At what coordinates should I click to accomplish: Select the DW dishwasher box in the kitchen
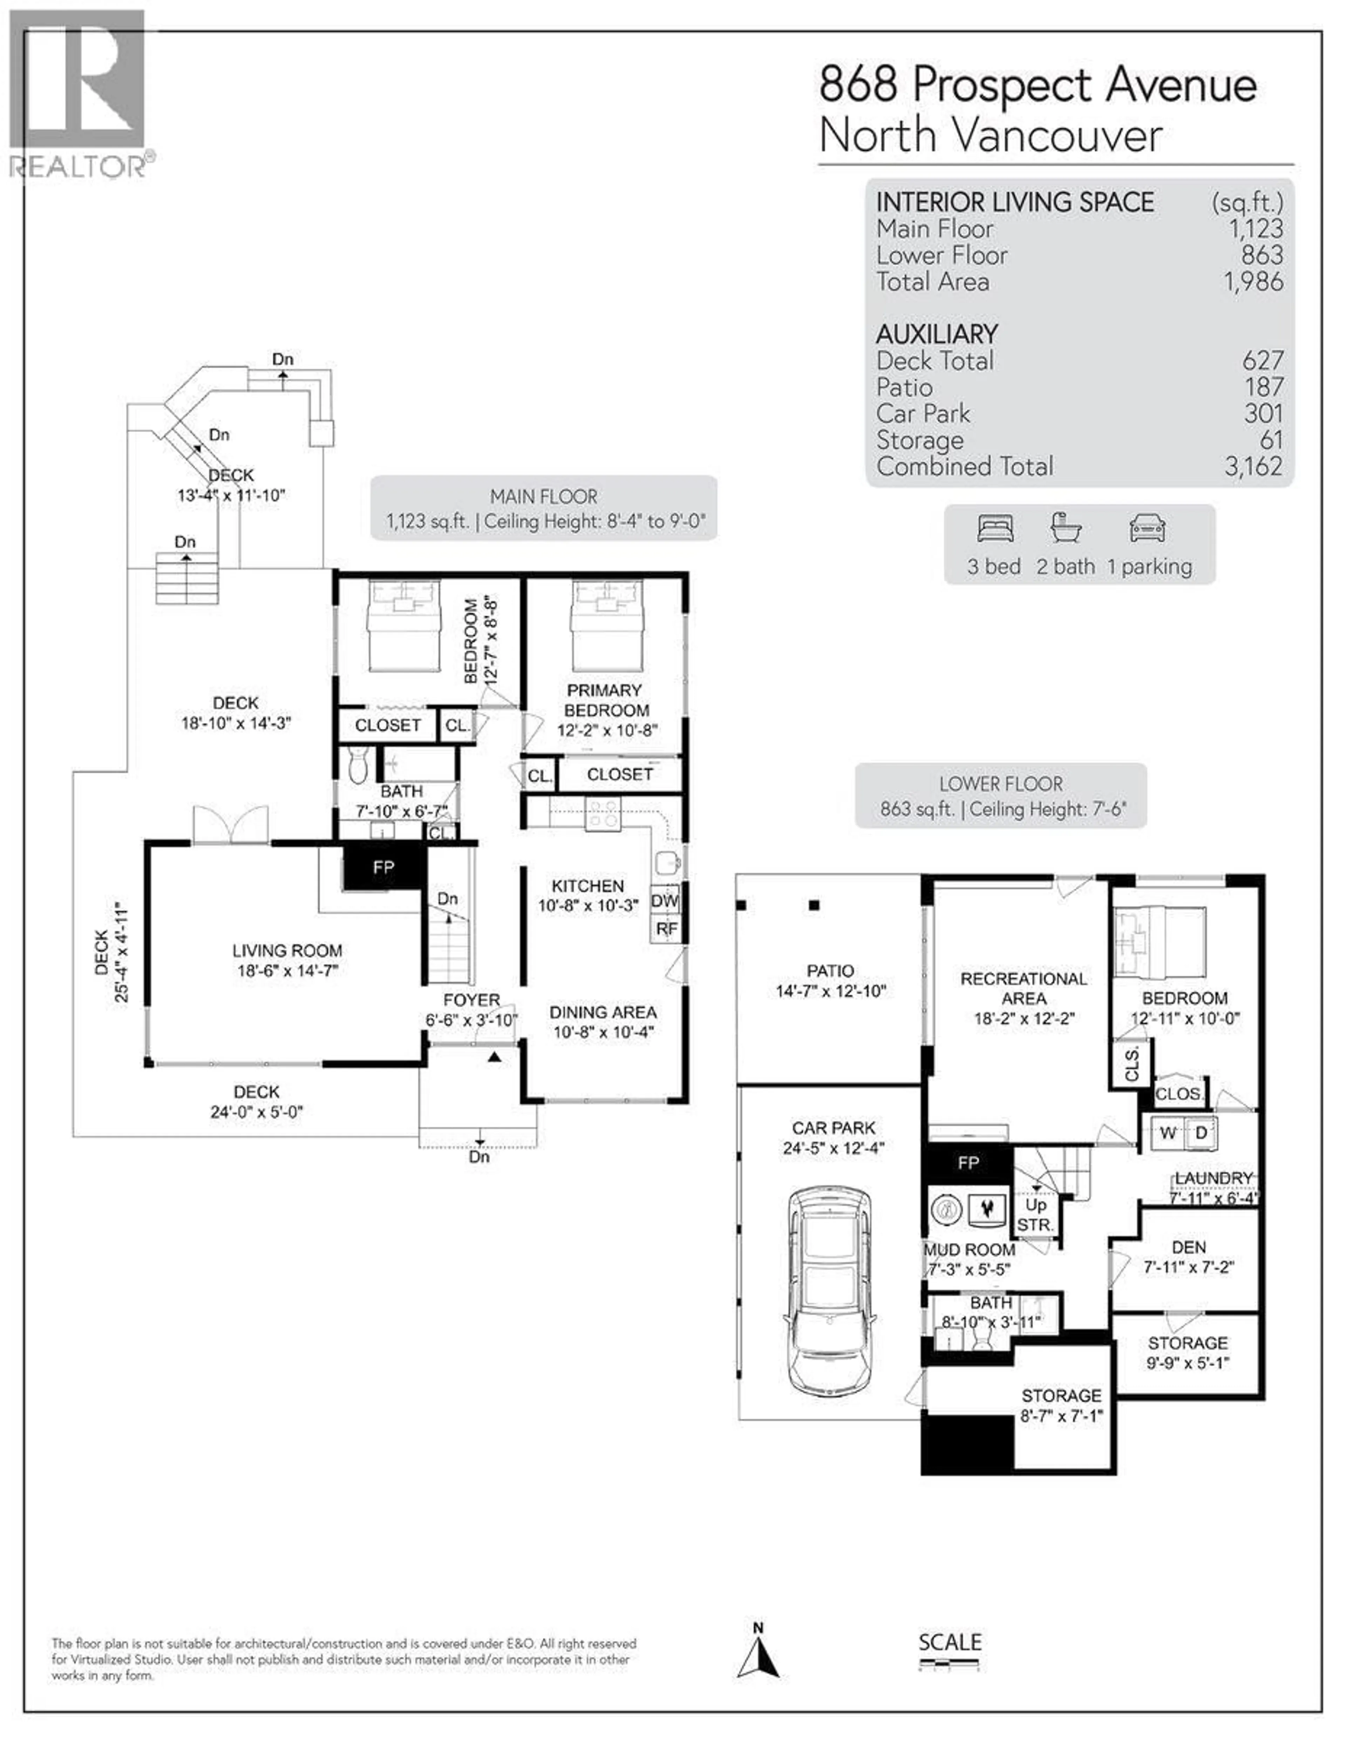tap(665, 900)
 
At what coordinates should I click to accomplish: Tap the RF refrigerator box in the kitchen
tap(666, 929)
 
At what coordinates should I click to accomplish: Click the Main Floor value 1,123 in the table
tap(1256, 229)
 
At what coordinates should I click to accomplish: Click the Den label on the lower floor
tap(1189, 1247)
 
